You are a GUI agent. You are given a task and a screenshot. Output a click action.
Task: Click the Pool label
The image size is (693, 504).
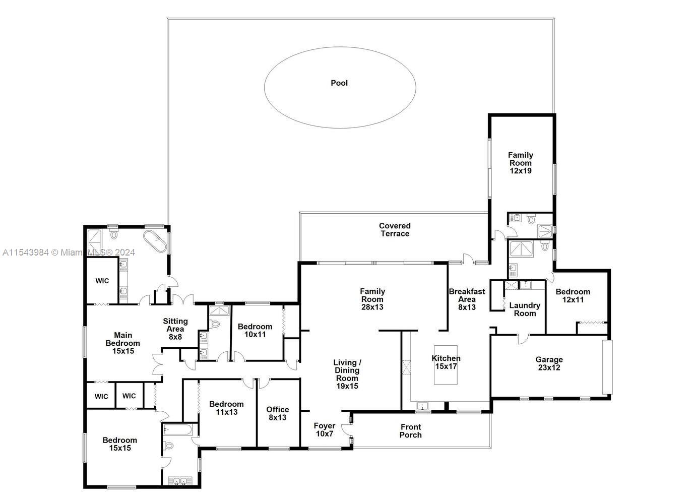tap(339, 83)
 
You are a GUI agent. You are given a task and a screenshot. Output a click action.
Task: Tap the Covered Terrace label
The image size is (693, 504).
tap(395, 229)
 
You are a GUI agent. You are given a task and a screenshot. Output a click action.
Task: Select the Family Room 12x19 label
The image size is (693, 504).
tap(520, 163)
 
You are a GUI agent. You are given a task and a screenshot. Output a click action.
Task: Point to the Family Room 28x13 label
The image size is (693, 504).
tap(372, 299)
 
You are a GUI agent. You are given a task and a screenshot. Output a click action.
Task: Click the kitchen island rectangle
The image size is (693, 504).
tap(446, 365)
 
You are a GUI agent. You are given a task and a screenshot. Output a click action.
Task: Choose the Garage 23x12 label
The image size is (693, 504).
tap(549, 363)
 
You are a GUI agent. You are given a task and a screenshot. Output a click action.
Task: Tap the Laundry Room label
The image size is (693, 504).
tap(525, 309)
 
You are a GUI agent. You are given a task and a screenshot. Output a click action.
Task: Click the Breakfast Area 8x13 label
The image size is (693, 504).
tap(467, 299)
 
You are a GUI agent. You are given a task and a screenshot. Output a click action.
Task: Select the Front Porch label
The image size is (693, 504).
tap(411, 431)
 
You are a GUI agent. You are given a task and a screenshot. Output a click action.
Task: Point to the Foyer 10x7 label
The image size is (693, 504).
tap(324, 430)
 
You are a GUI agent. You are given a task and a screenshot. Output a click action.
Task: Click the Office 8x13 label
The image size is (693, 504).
tap(278, 414)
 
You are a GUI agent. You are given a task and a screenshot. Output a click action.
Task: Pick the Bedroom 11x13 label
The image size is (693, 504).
tap(226, 408)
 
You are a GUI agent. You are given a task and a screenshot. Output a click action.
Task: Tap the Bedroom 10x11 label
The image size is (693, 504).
tap(255, 331)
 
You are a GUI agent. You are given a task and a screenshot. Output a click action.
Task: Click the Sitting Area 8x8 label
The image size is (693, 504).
tap(175, 329)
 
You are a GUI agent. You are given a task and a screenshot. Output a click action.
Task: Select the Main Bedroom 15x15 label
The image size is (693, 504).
tap(123, 343)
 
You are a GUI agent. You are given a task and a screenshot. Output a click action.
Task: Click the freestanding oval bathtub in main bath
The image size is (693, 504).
tap(155, 241)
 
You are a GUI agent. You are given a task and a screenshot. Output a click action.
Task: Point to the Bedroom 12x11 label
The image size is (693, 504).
tap(573, 295)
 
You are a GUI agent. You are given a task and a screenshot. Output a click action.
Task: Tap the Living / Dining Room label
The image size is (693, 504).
tap(347, 374)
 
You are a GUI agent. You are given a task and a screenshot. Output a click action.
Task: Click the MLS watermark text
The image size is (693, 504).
tap(69, 253)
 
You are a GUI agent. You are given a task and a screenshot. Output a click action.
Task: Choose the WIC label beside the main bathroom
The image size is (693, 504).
tap(102, 281)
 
